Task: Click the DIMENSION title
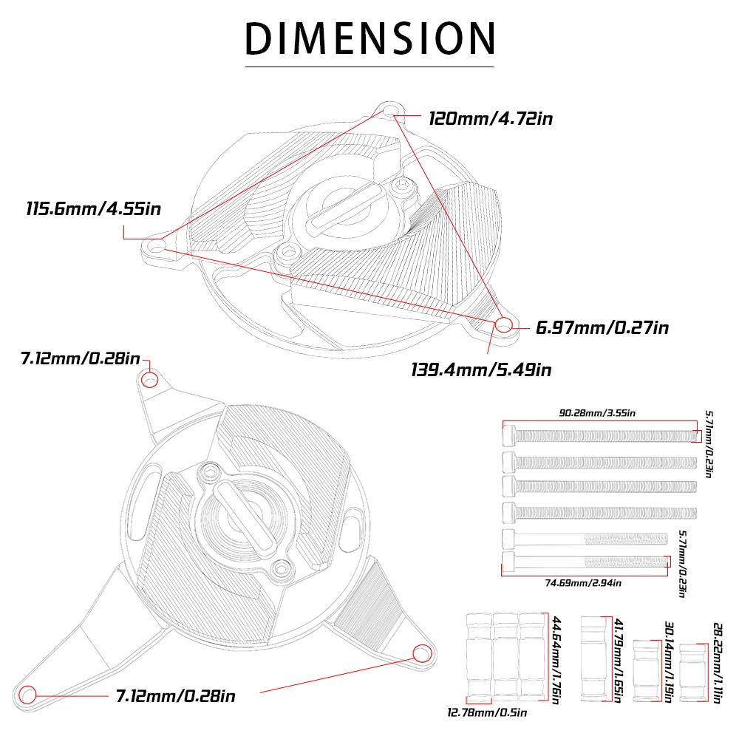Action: [x=369, y=38]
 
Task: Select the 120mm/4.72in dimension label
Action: [x=491, y=119]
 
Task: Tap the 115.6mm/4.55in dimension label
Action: [x=93, y=209]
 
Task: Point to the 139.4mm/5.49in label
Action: [x=481, y=370]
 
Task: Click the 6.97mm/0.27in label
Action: [x=602, y=328]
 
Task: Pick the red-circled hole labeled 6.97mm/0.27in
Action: [x=504, y=324]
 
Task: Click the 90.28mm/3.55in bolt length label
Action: [x=597, y=413]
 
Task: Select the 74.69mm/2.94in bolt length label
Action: [x=583, y=584]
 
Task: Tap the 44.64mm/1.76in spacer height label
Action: [x=556, y=660]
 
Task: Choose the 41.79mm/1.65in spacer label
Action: [x=619, y=660]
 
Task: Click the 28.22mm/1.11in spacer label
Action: [x=718, y=663]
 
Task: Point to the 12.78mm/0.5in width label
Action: [x=487, y=712]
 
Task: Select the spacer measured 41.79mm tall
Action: [x=594, y=658]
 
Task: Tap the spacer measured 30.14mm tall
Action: [x=646, y=670]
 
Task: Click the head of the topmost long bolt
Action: [x=509, y=436]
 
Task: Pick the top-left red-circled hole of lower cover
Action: [x=150, y=380]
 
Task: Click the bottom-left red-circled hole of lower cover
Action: [x=27, y=695]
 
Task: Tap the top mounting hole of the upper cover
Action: [x=389, y=112]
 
